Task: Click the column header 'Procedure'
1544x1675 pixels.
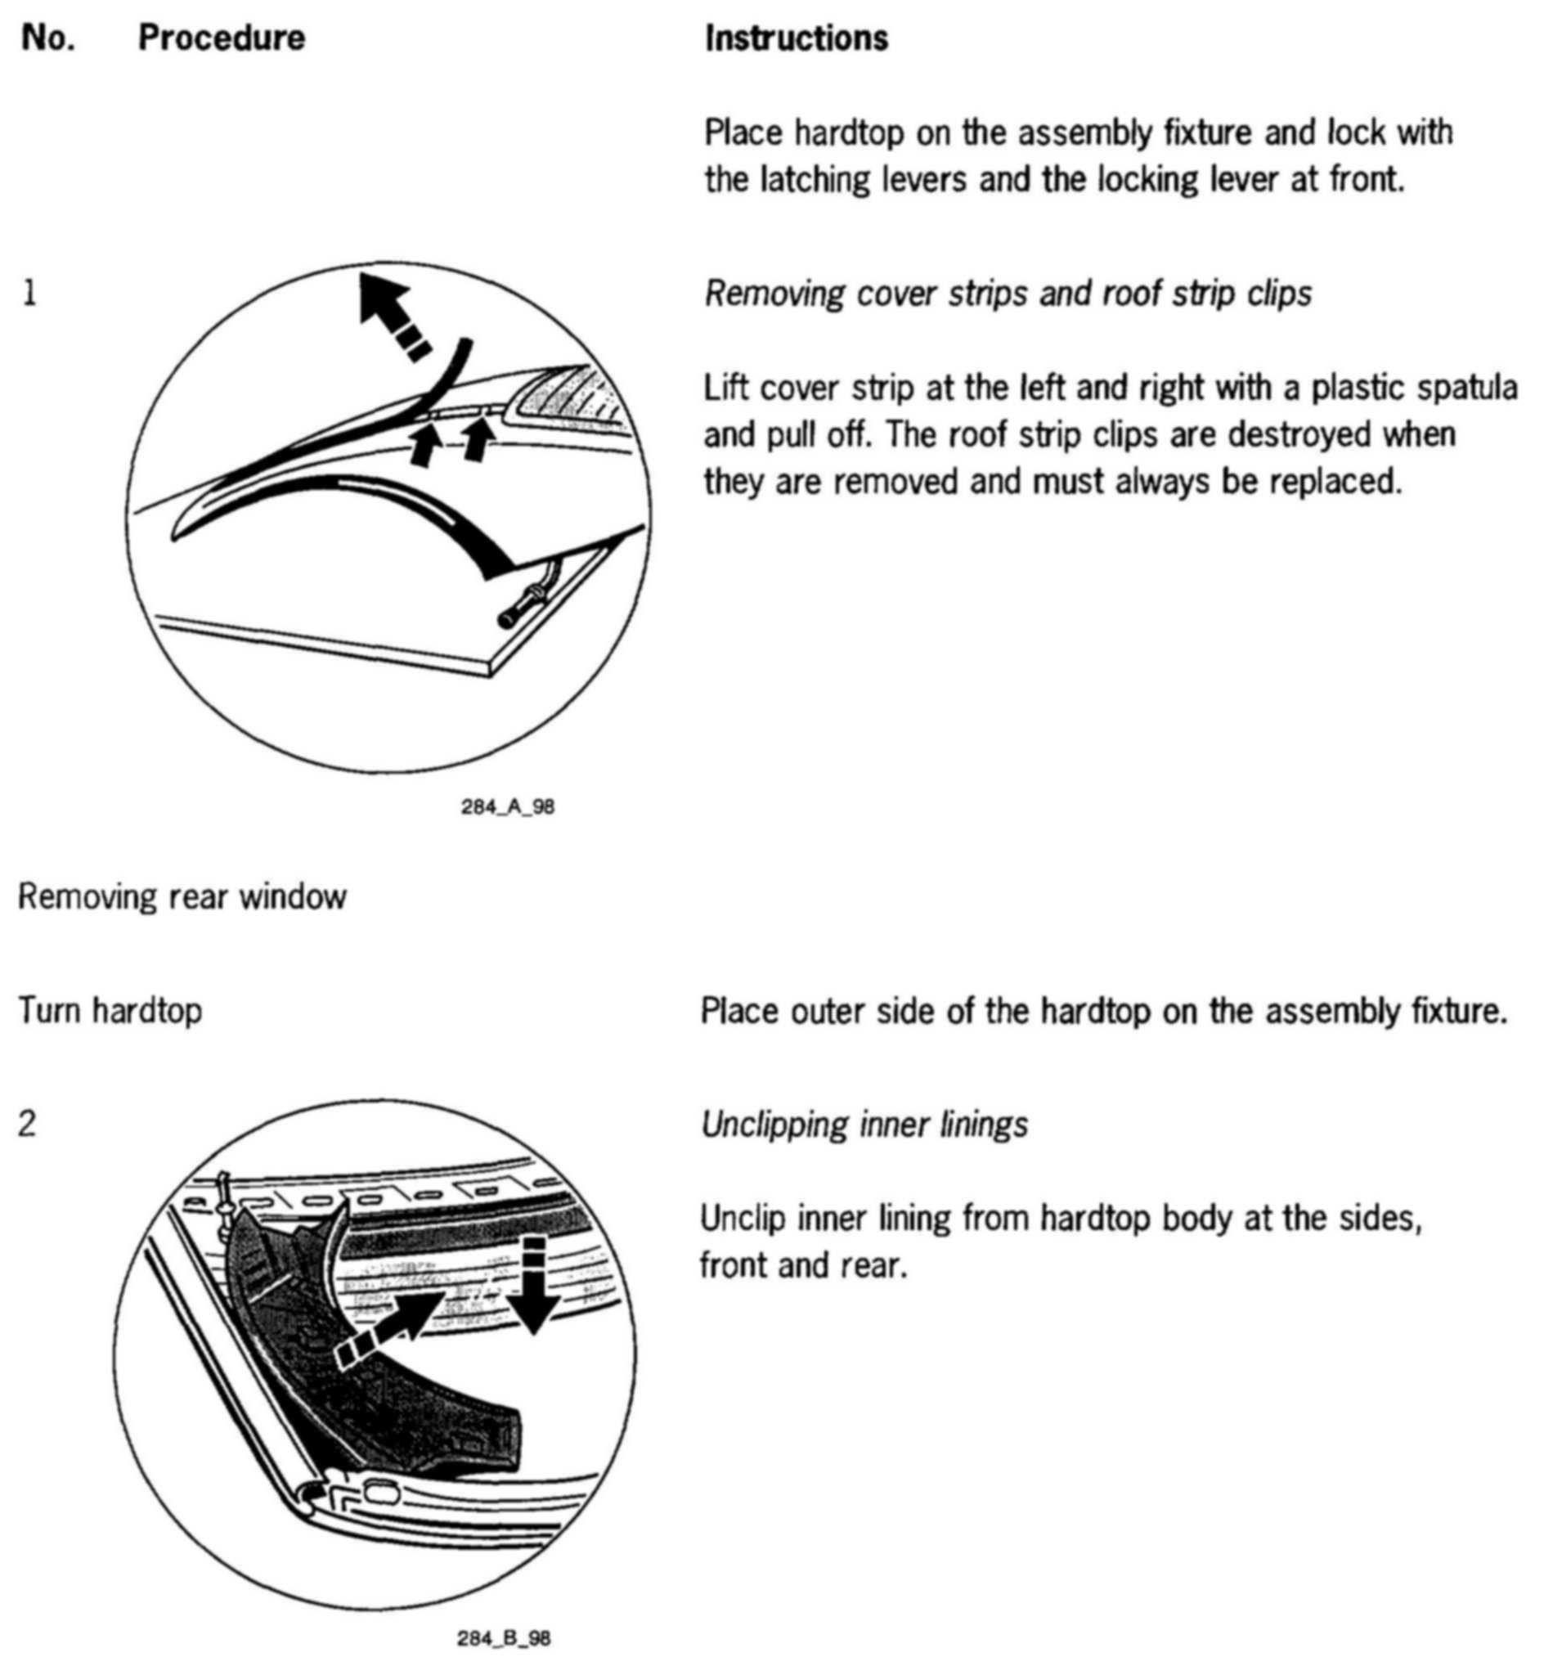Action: (x=222, y=38)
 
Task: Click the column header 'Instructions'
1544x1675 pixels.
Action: (x=797, y=38)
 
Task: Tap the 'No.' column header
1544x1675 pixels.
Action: (x=47, y=38)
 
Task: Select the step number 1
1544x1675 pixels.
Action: (x=30, y=294)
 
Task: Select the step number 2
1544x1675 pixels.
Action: (x=28, y=1125)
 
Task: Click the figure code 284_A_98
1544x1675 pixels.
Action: (x=507, y=807)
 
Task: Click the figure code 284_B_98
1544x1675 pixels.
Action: (x=503, y=1638)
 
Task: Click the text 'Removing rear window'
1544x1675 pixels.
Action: (x=182, y=897)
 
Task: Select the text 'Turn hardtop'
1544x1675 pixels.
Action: (x=110, y=1011)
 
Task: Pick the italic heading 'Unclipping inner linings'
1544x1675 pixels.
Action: (x=864, y=1125)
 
